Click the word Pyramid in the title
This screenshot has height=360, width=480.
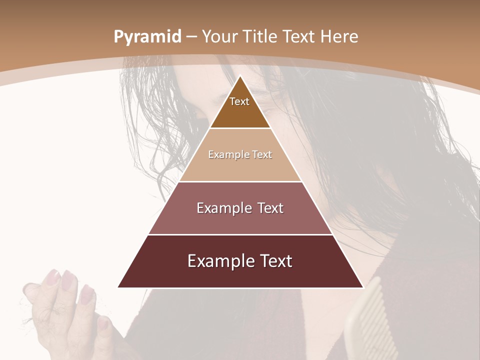tap(147, 37)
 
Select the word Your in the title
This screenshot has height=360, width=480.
tap(220, 37)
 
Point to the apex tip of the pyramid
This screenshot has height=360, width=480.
tap(240, 76)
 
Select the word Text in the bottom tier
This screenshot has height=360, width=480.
tap(274, 261)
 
